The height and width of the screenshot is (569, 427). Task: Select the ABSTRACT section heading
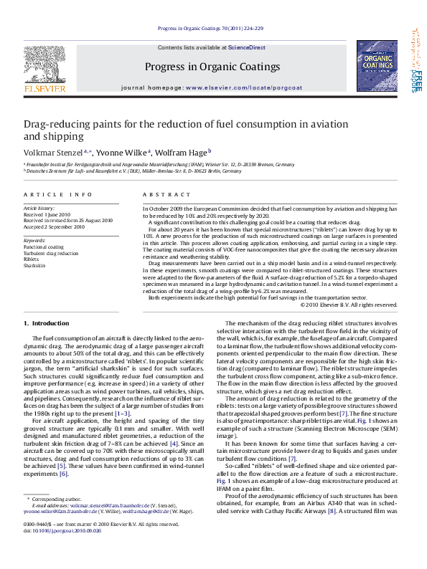point(161,195)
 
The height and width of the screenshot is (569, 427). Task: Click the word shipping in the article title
point(64,136)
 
